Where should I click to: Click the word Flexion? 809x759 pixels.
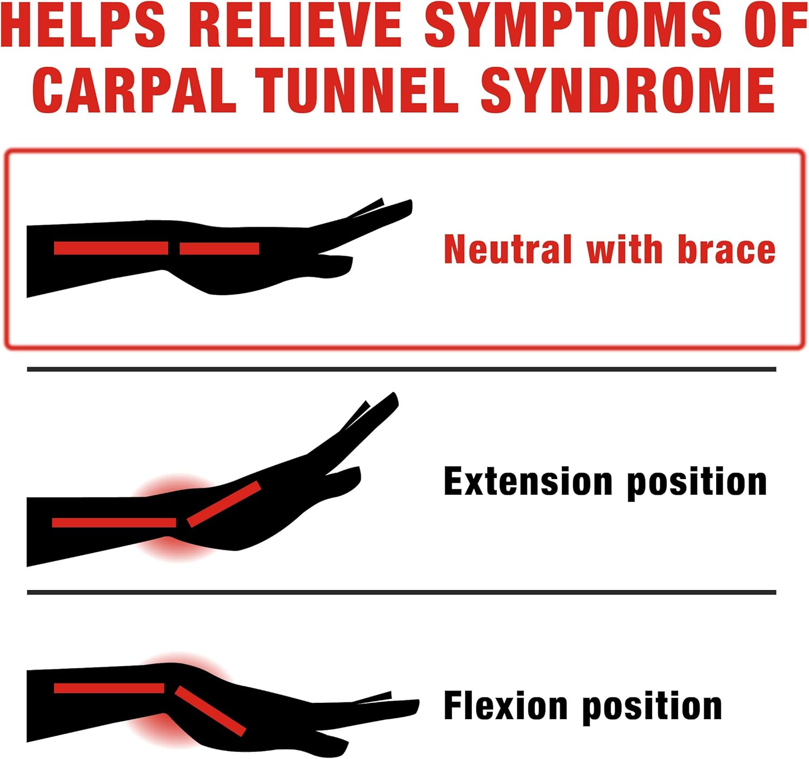[505, 706]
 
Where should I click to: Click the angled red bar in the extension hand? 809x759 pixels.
[224, 504]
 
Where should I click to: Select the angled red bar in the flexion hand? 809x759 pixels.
[210, 710]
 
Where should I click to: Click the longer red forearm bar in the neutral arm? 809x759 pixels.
[111, 248]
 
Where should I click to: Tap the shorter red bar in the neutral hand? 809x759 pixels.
[220, 248]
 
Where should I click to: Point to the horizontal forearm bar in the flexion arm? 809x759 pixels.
[109, 688]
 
